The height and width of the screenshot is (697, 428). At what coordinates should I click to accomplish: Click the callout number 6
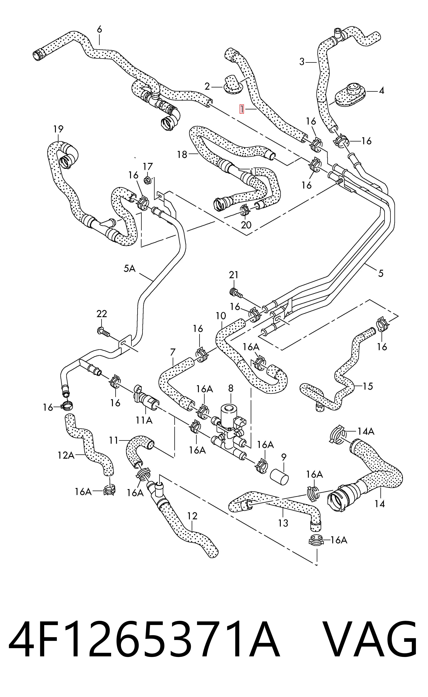click(x=99, y=30)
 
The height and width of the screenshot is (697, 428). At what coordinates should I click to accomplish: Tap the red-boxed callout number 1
click(x=242, y=109)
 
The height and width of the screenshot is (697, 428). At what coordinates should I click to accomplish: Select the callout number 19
click(x=58, y=129)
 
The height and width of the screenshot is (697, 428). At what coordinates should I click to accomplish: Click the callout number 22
click(x=102, y=314)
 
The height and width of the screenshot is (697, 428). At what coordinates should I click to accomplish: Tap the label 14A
click(x=366, y=431)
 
